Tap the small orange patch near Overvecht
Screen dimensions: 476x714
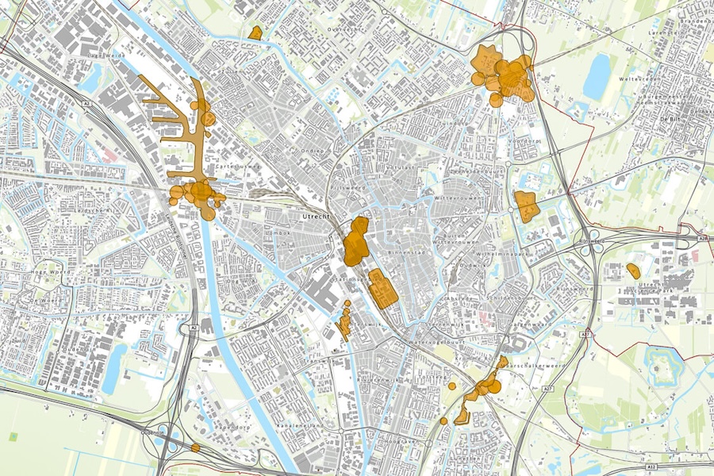[x=255, y=33]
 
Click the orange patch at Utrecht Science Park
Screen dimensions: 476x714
[x=633, y=271]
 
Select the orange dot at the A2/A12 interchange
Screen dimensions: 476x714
[x=195, y=448]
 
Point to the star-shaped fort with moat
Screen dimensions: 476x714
[x=660, y=366]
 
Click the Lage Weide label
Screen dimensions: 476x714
[x=109, y=56]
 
